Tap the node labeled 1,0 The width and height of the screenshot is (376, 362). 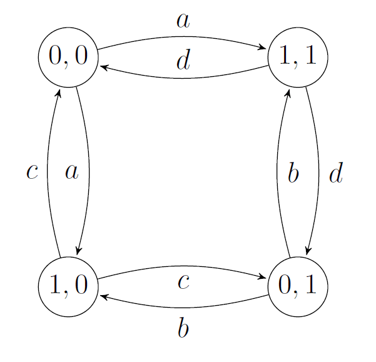[x=69, y=286]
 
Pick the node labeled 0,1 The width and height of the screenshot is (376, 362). [x=298, y=286]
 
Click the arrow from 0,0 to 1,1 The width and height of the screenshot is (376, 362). [x=183, y=37]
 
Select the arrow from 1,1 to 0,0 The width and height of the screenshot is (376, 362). [x=183, y=78]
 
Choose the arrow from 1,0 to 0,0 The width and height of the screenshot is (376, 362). [x=48, y=171]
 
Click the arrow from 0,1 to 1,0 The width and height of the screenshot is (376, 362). [x=183, y=306]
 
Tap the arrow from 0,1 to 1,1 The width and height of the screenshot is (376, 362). [x=277, y=171]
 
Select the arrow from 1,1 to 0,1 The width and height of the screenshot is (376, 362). [x=318, y=171]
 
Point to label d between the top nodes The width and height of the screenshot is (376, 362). [x=183, y=61]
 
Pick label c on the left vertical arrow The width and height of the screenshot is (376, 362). [x=33, y=172]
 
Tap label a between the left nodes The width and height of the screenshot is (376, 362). [x=72, y=172]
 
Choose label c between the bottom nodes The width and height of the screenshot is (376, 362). [x=183, y=283]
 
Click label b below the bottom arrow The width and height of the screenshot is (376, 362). [x=183, y=328]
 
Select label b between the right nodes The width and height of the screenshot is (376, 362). [x=293, y=173]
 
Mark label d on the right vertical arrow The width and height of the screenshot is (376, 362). [x=336, y=173]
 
